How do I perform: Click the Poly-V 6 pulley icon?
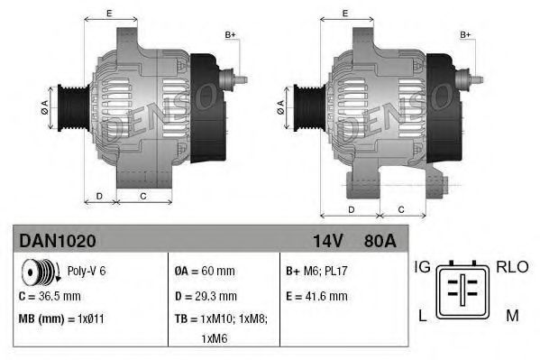38,271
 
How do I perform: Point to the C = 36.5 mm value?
51,295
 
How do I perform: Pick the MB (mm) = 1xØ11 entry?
61,318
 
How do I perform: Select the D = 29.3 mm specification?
206,295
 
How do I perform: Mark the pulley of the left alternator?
67,107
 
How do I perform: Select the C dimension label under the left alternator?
143,195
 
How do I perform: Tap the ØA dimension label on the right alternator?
281,105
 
